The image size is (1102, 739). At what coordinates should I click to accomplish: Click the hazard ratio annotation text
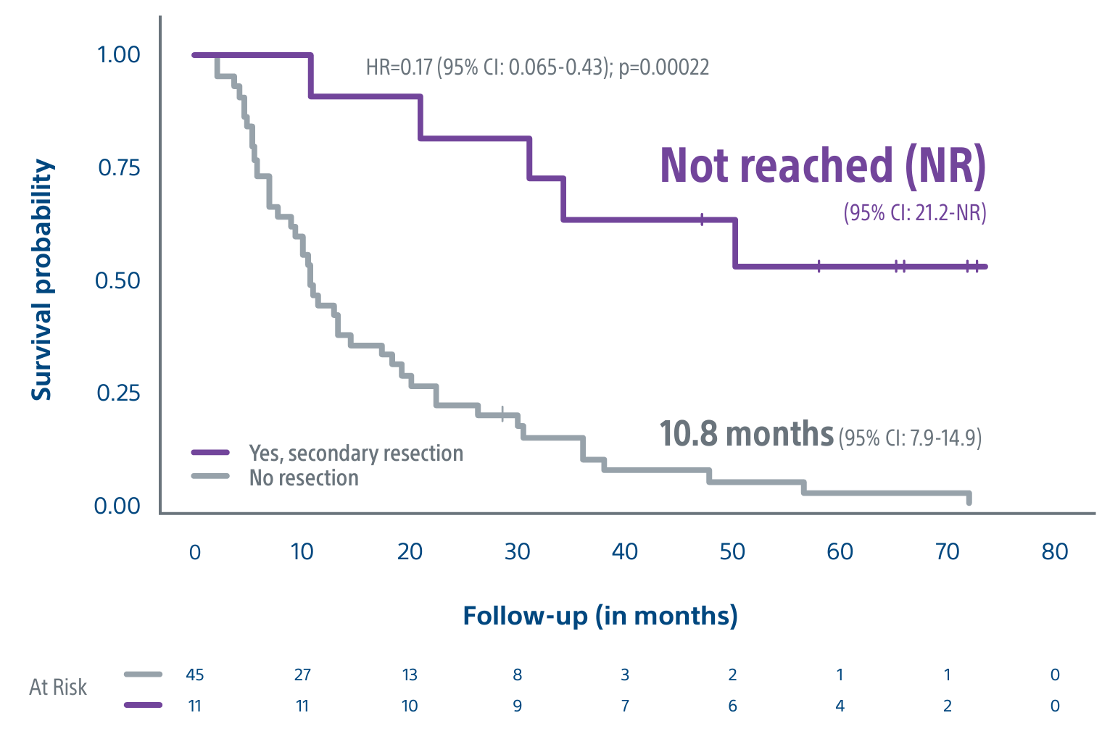click(537, 67)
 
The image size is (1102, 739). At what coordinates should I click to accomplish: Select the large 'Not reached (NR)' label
click(823, 166)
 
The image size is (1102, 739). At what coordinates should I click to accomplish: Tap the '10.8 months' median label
click(746, 434)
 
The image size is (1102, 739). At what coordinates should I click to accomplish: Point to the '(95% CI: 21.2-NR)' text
click(914, 212)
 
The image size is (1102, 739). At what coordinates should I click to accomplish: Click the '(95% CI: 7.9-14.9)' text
click(910, 438)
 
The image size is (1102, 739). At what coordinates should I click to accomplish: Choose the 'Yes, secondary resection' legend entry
click(355, 453)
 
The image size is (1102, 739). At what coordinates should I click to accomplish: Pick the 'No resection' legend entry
click(304, 478)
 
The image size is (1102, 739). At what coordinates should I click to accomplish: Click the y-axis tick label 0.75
click(119, 167)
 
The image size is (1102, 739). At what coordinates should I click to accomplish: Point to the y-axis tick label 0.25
click(118, 393)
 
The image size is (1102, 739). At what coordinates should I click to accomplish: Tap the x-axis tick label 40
click(624, 552)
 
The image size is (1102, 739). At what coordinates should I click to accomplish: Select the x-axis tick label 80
click(1054, 552)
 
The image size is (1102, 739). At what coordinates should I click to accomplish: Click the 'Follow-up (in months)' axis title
click(600, 616)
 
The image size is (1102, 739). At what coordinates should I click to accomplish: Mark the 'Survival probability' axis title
click(42, 280)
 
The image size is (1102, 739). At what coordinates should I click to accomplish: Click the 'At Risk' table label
click(58, 687)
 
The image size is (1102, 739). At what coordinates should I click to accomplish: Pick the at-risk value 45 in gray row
click(194, 675)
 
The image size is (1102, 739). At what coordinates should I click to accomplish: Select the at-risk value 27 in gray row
click(302, 675)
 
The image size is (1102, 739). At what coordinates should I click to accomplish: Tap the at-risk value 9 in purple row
click(517, 706)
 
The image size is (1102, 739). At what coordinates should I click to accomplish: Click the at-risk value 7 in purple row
click(624, 706)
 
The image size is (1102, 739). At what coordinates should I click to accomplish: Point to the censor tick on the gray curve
click(503, 414)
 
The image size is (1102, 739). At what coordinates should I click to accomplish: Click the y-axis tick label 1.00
click(118, 54)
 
